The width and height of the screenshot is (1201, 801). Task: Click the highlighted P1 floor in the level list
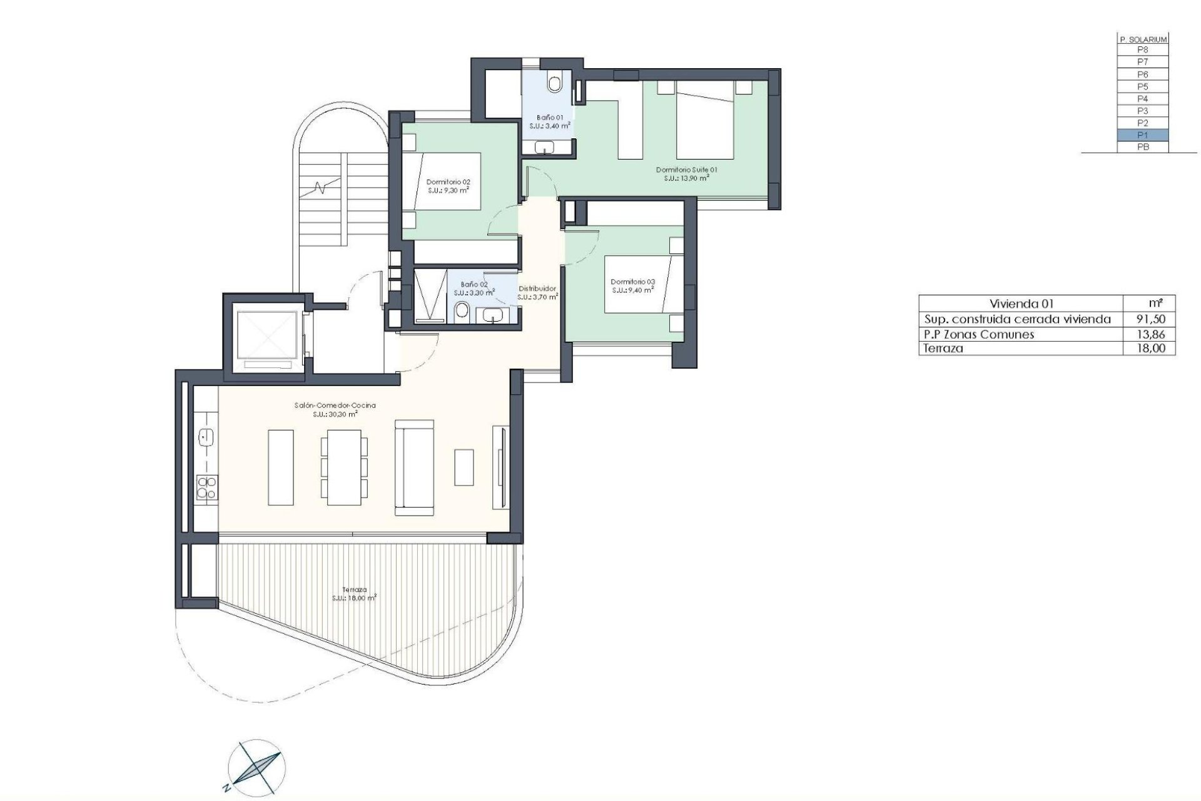(1142, 135)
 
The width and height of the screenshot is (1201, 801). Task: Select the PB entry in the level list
(1142, 147)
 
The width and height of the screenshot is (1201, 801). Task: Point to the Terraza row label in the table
(941, 349)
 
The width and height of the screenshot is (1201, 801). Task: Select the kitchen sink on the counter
(206, 437)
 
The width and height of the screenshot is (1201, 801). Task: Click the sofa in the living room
(414, 467)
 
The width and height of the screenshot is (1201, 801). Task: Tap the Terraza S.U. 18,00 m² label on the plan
(354, 593)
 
